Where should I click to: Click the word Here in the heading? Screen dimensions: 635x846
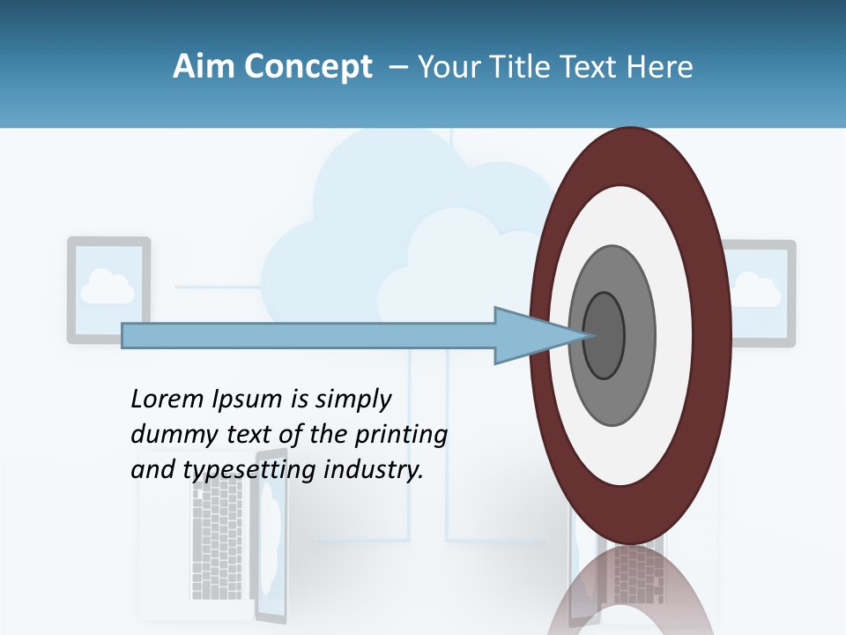coord(660,67)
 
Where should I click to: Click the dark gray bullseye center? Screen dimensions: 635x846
coord(604,335)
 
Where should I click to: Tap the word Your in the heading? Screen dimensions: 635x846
coord(444,67)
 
